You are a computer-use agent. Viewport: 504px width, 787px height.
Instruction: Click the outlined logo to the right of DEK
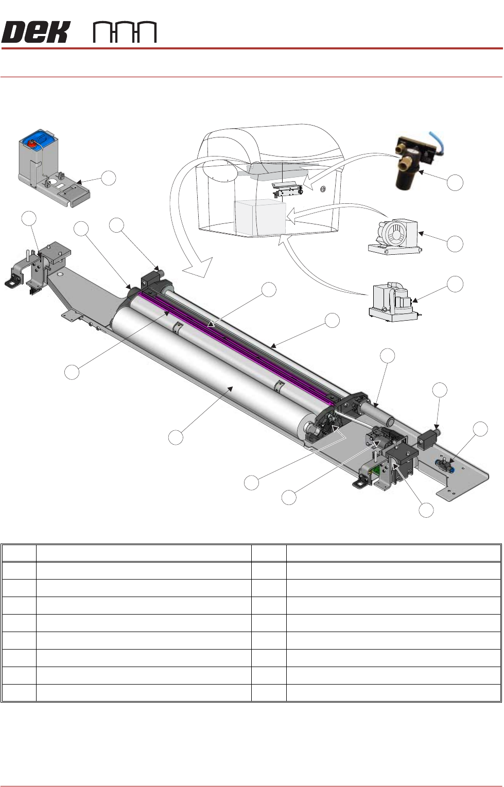pos(125,32)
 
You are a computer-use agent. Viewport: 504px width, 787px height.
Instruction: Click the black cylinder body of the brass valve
pos(407,177)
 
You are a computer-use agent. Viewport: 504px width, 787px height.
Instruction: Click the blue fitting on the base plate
pos(446,467)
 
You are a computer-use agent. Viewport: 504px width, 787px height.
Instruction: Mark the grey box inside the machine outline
pos(259,218)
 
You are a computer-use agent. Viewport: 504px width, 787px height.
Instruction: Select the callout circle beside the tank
pos(108,179)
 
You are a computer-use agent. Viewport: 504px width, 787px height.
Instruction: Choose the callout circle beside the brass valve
pos(455,182)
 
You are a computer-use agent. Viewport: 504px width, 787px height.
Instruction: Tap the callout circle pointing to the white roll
pos(176,438)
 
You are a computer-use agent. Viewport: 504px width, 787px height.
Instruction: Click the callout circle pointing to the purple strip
pos(72,372)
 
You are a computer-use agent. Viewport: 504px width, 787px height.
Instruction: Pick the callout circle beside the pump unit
pos(455,284)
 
